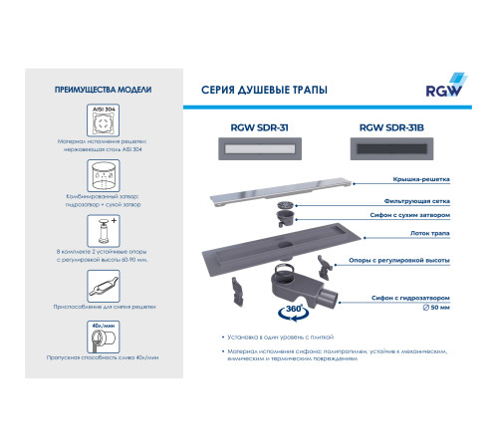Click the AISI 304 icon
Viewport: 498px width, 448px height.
[103, 124]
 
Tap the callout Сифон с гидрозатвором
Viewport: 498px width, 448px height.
[409, 297]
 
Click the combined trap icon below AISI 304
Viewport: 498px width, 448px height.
[103, 178]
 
